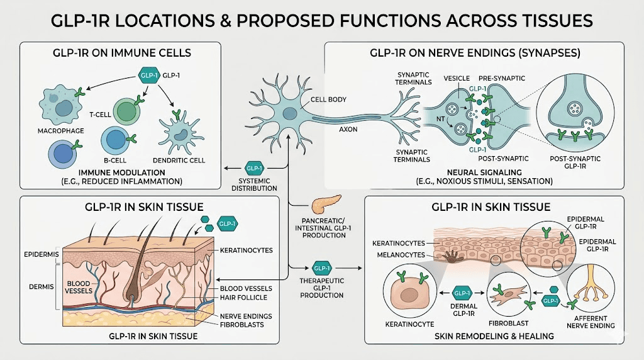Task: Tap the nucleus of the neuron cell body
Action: [x=289, y=113]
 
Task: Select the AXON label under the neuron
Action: [x=348, y=129]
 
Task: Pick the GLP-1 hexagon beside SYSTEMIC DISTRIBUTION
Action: [x=254, y=168]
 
